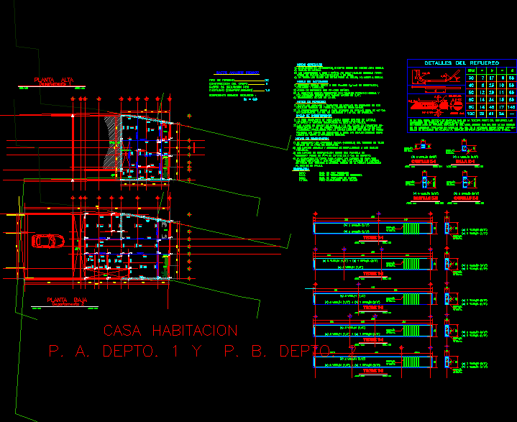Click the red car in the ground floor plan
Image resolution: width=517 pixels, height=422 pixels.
click(x=46, y=241)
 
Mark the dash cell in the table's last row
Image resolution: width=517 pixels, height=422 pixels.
click(x=511, y=114)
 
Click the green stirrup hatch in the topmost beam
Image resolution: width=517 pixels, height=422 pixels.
click(x=418, y=228)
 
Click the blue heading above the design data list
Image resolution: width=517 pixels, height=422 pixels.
click(x=237, y=73)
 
